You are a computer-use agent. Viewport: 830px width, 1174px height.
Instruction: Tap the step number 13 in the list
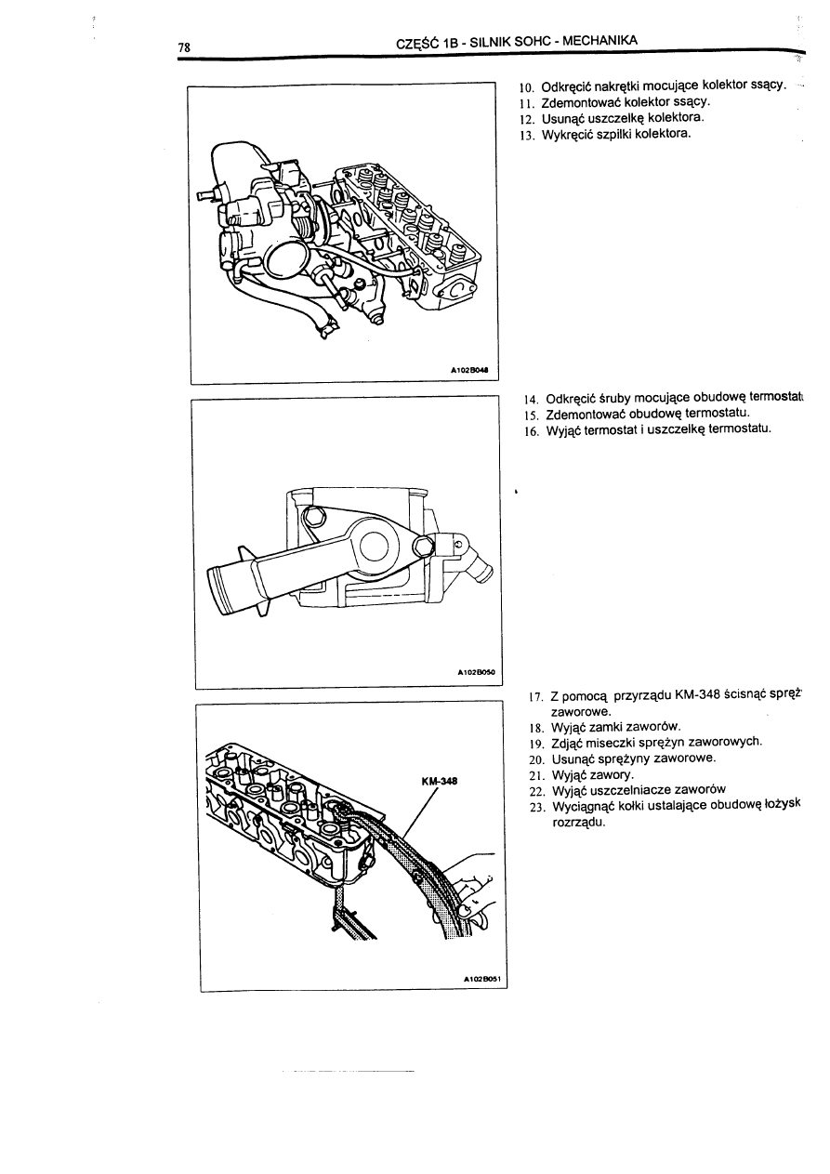click(x=528, y=135)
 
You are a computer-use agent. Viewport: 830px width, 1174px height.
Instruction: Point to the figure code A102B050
click(x=477, y=670)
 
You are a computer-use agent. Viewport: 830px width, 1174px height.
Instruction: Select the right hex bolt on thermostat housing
click(x=422, y=546)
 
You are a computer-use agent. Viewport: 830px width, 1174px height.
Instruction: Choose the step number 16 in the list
click(x=529, y=429)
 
